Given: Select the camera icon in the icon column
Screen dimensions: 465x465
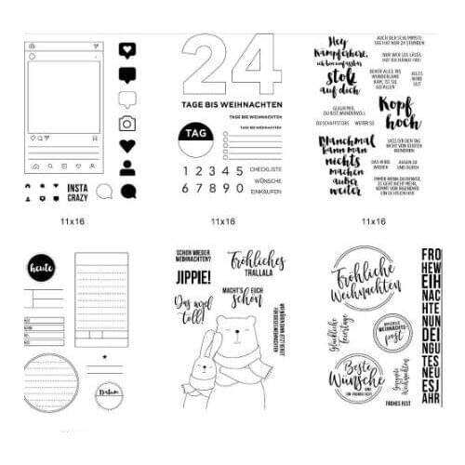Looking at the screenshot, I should point(127,122).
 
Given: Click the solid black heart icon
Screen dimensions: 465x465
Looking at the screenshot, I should point(127,146).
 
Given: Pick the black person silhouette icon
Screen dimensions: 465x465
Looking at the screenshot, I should point(127,170).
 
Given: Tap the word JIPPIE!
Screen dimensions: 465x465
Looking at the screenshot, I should point(193,276).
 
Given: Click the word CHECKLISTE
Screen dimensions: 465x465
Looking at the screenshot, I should point(266,169).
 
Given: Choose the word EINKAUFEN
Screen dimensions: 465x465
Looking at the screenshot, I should point(266,190).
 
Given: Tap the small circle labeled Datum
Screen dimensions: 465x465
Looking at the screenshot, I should point(111,394).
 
